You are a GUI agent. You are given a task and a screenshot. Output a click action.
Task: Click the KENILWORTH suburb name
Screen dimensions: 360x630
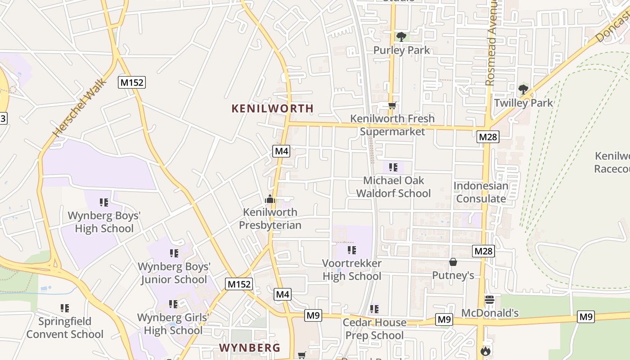pos(272,108)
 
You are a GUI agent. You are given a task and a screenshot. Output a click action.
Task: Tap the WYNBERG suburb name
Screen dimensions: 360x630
pos(249,348)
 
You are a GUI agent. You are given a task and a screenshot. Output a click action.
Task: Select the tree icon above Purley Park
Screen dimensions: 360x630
pos(401,37)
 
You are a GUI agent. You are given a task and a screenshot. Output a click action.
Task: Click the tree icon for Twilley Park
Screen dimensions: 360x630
pos(523,90)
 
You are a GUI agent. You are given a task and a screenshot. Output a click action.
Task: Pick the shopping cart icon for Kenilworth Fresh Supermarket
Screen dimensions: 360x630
pos(392,106)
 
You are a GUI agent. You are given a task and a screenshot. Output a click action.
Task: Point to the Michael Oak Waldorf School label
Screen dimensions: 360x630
pos(394,187)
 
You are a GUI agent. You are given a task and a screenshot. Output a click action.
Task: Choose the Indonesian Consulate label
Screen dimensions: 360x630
pos(481,192)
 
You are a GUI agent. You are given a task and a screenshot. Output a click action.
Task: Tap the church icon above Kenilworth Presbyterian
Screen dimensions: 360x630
pos(270,199)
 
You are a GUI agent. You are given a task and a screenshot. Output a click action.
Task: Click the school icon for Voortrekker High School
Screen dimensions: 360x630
pos(351,250)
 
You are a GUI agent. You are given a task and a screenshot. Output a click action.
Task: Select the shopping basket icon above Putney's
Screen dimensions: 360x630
pos(453,262)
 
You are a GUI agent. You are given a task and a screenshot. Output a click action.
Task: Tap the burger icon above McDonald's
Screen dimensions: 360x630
pos(490,299)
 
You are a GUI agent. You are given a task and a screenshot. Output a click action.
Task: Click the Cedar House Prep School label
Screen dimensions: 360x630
pos(374,329)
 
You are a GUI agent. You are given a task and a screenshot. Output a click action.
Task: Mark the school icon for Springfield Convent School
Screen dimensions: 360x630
pos(65,308)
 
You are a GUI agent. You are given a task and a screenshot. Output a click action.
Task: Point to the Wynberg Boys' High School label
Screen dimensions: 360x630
pos(104,222)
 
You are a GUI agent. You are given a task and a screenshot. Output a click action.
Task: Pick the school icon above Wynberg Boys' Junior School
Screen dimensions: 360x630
pos(174,253)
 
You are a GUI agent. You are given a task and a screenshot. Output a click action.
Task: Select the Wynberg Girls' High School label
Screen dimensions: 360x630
pos(173,324)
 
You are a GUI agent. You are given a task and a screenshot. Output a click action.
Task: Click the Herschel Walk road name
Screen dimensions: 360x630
pos(80,108)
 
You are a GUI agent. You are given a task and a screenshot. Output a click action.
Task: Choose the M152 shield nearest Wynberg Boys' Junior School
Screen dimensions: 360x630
pos(239,284)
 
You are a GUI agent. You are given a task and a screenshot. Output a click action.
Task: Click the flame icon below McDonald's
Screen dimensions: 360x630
pos(485,351)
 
